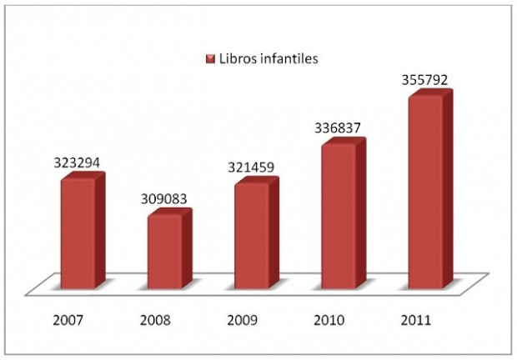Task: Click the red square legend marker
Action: [211, 59]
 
